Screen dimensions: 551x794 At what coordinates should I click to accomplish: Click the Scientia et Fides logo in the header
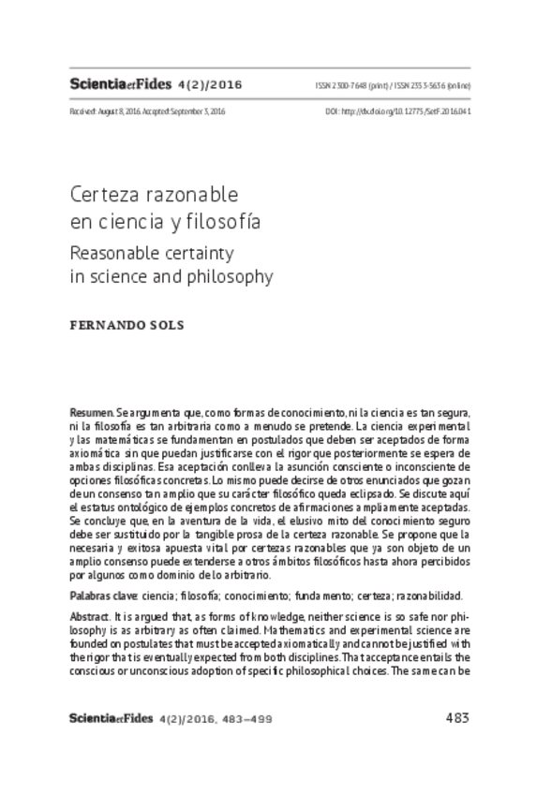tap(121, 84)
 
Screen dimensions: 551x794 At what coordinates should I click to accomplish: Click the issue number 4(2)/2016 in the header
tap(210, 85)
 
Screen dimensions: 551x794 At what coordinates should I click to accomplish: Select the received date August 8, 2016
tap(117, 111)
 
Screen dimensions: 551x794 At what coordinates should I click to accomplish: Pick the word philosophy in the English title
tap(230, 277)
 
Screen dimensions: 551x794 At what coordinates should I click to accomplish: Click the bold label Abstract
tap(89, 618)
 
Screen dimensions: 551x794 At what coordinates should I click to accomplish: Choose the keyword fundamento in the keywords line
tap(301, 595)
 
